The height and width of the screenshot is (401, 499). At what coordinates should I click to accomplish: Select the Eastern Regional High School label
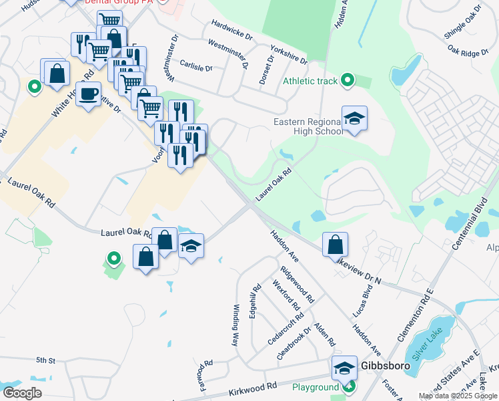coord(308,126)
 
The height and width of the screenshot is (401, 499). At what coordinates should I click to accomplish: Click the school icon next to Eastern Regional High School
coord(355,118)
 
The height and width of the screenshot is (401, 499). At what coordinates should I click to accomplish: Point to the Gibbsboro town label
coord(380,366)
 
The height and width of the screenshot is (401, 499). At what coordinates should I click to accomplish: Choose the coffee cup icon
coord(88,94)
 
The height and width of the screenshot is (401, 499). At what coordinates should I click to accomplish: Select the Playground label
coord(316,387)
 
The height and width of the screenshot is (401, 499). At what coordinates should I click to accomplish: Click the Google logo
coord(22,393)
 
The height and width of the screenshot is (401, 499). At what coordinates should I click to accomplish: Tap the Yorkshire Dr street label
coord(289,54)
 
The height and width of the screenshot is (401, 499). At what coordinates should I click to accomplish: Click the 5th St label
coord(45,360)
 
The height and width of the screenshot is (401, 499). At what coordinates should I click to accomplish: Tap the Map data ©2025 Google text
coord(458,396)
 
